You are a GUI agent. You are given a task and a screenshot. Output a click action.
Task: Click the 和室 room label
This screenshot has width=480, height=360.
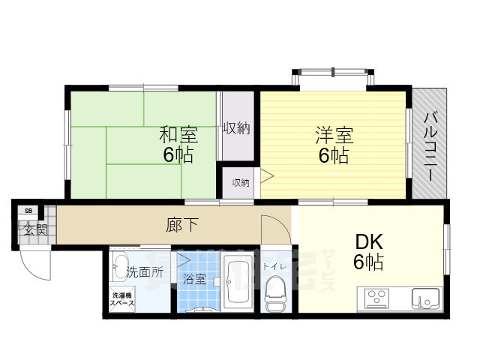coord(178,136)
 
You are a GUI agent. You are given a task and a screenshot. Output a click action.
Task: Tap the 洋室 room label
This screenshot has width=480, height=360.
coord(334,136)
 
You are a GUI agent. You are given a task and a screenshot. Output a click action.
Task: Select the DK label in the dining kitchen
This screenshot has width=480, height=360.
coord(369,242)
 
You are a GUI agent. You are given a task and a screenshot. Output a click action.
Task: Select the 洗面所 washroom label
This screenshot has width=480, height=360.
coord(144,271)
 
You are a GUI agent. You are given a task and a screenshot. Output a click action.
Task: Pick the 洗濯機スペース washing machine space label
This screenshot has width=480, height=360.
coord(122,298)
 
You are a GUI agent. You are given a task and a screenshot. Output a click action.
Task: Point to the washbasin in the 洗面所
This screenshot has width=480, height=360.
coord(121,263)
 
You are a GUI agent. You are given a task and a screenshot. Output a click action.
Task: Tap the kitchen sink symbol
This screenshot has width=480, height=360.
coord(427,299)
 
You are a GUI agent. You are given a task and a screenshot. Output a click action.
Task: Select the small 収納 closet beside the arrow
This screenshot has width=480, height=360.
coord(240,182)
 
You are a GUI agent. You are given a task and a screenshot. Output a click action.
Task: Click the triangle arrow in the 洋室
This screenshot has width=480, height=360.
coord(267,178)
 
